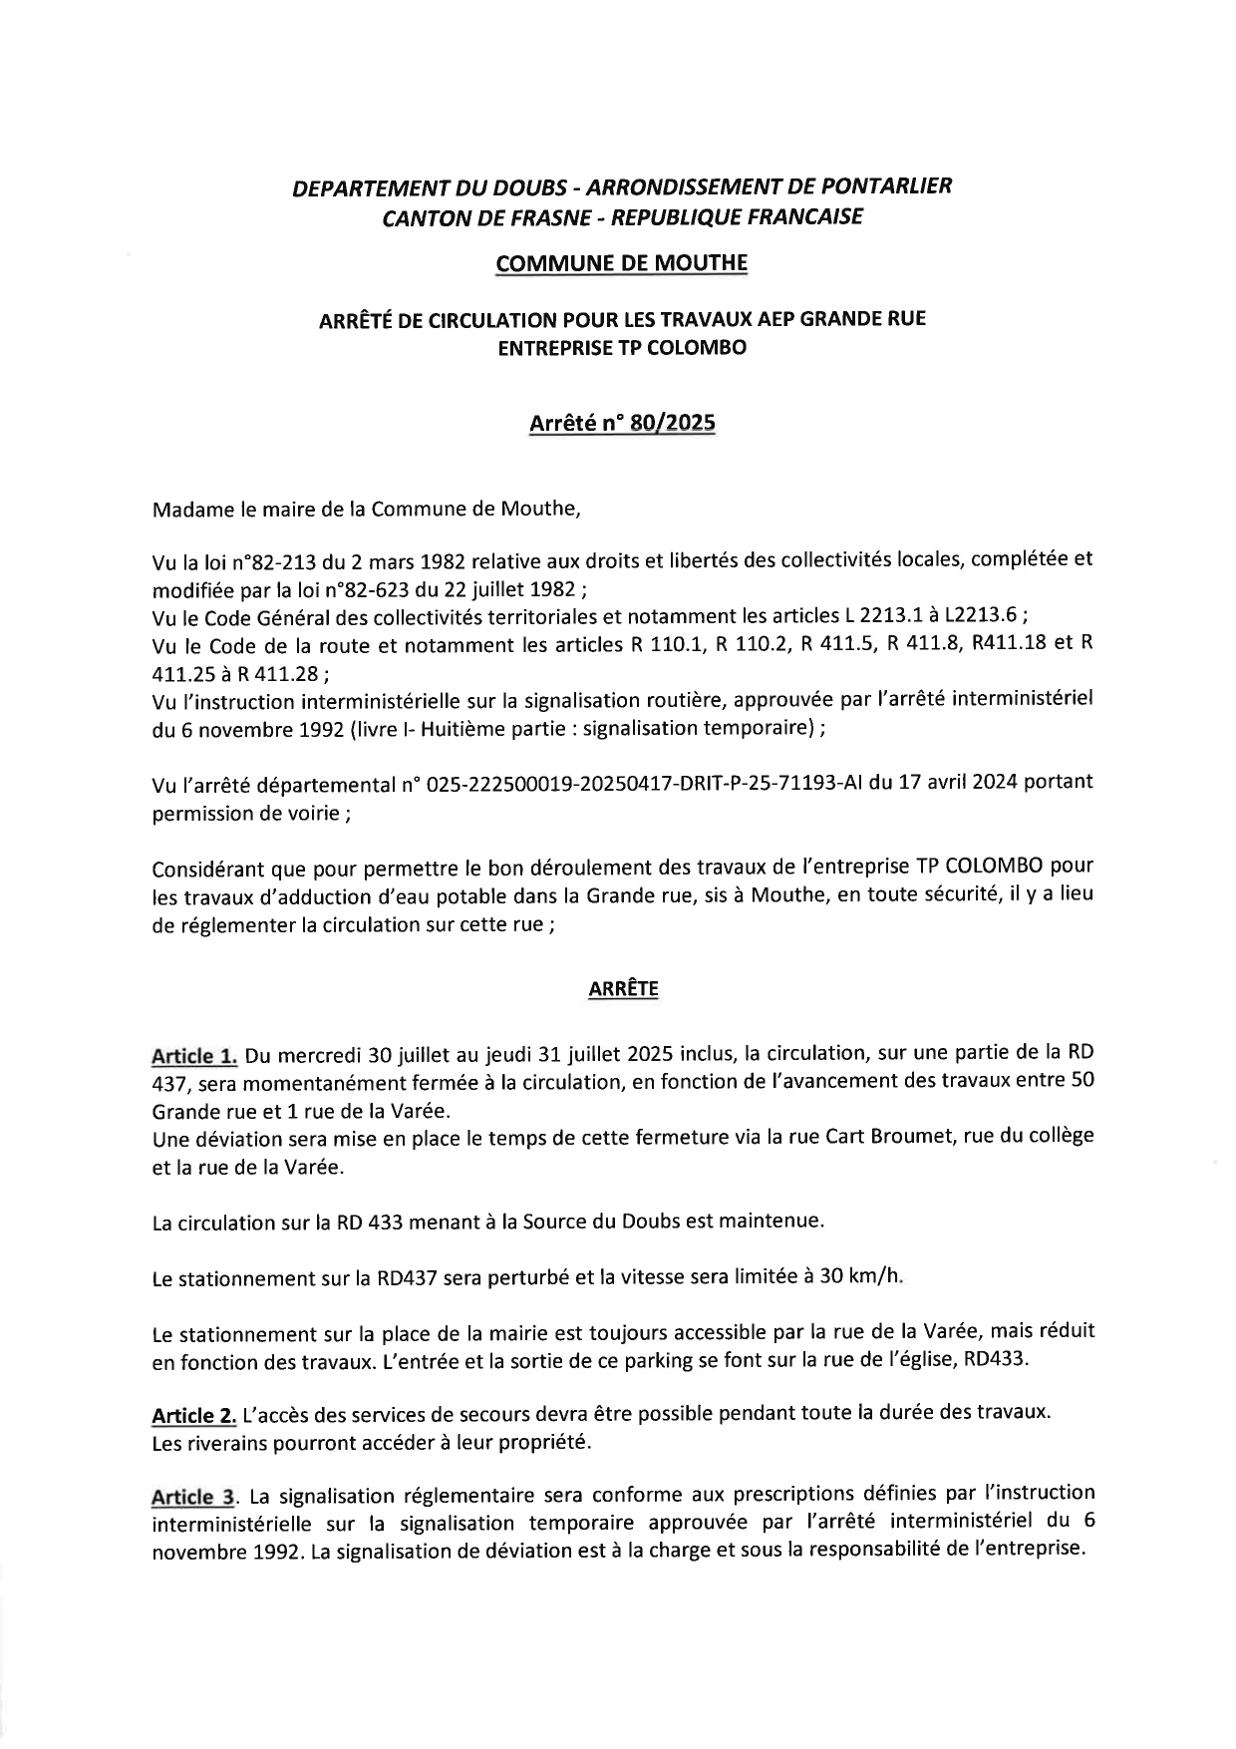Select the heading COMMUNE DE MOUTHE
[621, 263]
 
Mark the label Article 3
[194, 1497]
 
